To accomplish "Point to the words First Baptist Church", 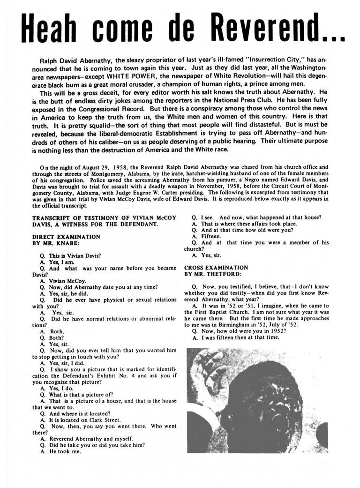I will (227, 311).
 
